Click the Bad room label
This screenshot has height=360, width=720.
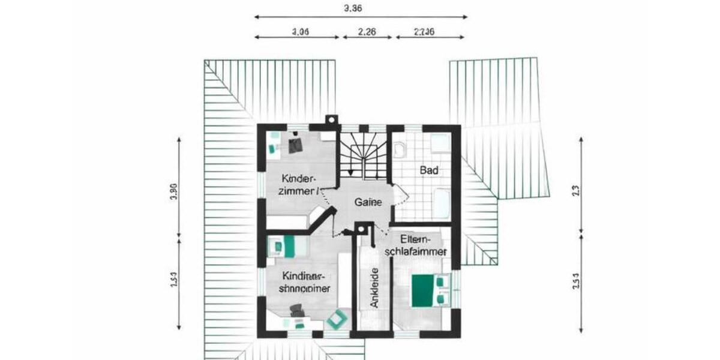[429, 170]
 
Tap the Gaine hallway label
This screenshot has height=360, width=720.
[368, 202]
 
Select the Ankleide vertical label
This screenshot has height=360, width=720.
[374, 287]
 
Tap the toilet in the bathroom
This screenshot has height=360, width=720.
[400, 148]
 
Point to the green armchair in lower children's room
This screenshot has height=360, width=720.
[337, 319]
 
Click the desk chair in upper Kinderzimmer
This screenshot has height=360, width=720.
[295, 145]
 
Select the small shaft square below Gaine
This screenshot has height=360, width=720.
[361, 229]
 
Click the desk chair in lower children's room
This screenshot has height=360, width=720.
[296, 310]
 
